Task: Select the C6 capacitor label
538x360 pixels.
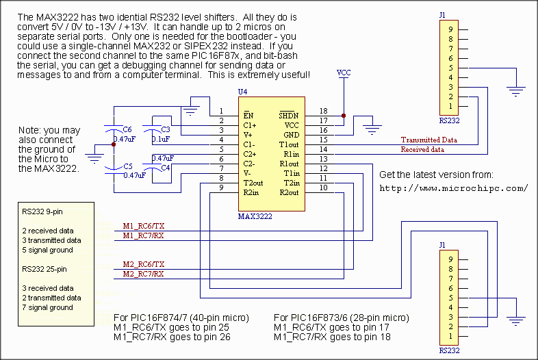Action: [127, 129]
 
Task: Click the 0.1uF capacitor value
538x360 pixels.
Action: [161, 139]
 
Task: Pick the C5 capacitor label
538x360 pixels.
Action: [127, 166]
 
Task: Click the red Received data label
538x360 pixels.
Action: [422, 149]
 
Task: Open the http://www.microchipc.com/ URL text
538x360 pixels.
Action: [453, 188]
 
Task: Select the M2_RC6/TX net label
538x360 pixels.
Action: [143, 264]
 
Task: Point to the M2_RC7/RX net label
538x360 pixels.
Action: [143, 274]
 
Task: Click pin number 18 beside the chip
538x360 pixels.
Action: [322, 111]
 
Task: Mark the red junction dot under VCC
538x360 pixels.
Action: [344, 115]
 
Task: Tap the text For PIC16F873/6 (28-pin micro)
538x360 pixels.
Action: [341, 318]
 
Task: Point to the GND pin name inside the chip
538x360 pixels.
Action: [291, 135]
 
